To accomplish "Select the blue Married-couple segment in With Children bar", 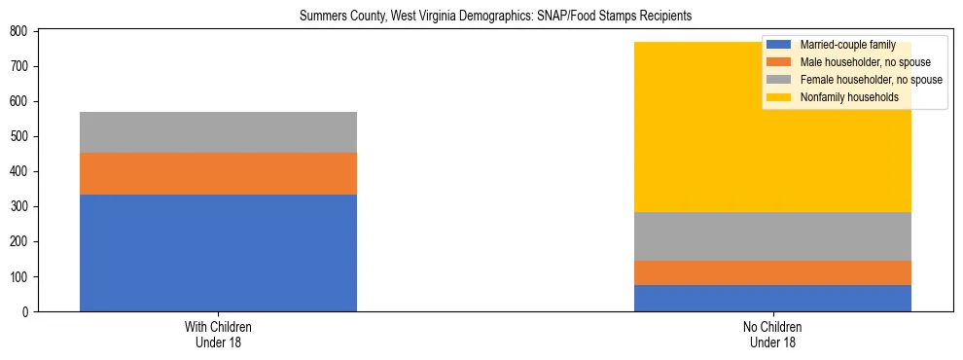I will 218,253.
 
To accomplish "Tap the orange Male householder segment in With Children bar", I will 218,173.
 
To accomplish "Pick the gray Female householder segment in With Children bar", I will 218,132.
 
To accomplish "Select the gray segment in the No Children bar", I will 772,236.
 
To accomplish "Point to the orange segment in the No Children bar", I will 772,273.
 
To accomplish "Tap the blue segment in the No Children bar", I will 772,298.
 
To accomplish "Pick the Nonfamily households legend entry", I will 849,97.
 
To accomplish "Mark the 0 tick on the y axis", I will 29,311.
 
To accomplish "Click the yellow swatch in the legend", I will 778,97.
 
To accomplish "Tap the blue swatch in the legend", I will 778,45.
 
